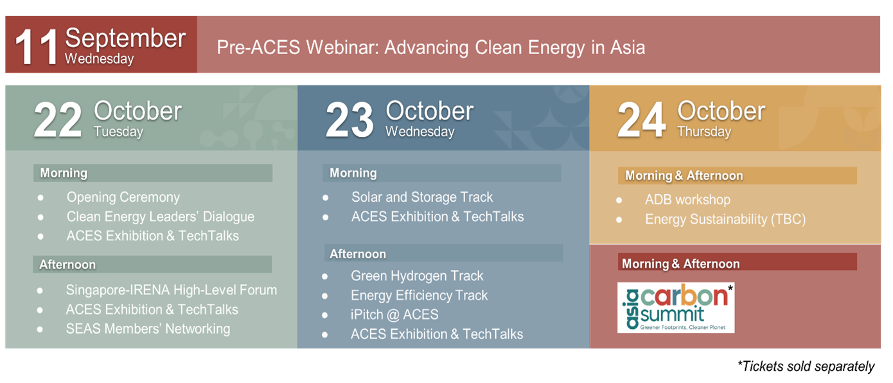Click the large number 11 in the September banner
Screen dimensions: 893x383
[x=37, y=47]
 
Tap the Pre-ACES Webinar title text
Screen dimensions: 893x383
[x=431, y=48]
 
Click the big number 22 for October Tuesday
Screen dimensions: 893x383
[x=58, y=120]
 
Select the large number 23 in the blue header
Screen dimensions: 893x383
[x=350, y=120]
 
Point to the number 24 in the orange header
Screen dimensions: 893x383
[x=642, y=120]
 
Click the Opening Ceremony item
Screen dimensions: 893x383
[x=123, y=197]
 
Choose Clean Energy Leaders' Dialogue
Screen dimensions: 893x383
[x=160, y=217]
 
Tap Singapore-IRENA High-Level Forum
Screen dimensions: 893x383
[x=172, y=290]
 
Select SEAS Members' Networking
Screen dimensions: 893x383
[x=148, y=329]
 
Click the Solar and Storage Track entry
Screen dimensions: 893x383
[x=422, y=197]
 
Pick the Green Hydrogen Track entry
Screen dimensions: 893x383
[x=417, y=276]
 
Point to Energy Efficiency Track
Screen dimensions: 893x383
[x=419, y=295]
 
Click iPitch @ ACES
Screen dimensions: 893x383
[x=394, y=315]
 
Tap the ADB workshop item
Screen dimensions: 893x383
[x=687, y=199]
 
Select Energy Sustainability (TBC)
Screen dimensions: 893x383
[x=725, y=219]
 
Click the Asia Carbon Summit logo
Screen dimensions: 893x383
[x=676, y=308]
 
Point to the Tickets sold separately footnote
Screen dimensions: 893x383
[x=806, y=366]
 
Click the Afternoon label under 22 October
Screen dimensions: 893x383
[x=67, y=265]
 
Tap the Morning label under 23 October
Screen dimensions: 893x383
[x=353, y=173]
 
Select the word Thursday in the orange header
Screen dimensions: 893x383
[x=704, y=132]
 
